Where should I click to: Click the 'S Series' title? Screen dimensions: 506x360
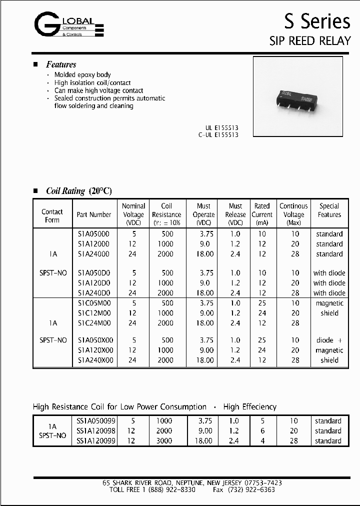(317, 21)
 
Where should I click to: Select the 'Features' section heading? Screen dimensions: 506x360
(61, 64)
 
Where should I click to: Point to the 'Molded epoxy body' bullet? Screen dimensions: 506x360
(82, 74)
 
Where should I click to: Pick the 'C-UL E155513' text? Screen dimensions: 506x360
(215, 135)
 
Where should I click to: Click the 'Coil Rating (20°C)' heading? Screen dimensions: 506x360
(78, 191)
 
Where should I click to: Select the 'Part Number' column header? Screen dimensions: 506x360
(94, 214)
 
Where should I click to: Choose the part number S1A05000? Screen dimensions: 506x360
(93, 234)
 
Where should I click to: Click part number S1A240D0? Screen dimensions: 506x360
(94, 293)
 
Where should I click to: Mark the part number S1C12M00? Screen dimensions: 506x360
(94, 313)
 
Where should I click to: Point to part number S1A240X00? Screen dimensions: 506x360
(95, 360)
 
